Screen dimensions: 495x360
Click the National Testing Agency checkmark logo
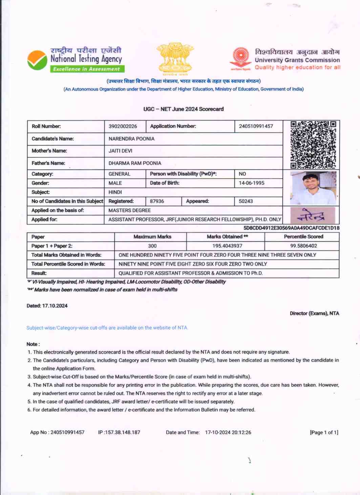coord(37,60)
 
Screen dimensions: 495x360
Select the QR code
coord(313,145)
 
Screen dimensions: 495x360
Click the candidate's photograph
coord(313,188)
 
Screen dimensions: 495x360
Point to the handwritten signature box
coord(313,215)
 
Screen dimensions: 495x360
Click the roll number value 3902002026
coord(123,126)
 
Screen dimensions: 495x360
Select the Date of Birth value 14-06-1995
coord(251,183)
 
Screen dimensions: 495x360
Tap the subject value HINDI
coord(115,192)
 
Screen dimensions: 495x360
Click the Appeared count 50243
coord(246,201)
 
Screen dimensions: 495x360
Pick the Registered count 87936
coord(157,201)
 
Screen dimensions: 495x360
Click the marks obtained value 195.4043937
coord(227,246)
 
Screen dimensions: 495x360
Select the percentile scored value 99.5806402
coord(303,246)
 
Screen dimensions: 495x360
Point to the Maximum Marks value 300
coord(152,246)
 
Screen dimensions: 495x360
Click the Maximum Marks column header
coord(152,237)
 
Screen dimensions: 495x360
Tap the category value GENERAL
coord(119,174)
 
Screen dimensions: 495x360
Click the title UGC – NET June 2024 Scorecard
coord(183,109)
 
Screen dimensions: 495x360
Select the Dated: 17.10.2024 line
coord(47,306)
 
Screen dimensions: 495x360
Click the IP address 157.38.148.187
coord(122,432)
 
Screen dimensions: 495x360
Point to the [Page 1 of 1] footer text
coord(324,432)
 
